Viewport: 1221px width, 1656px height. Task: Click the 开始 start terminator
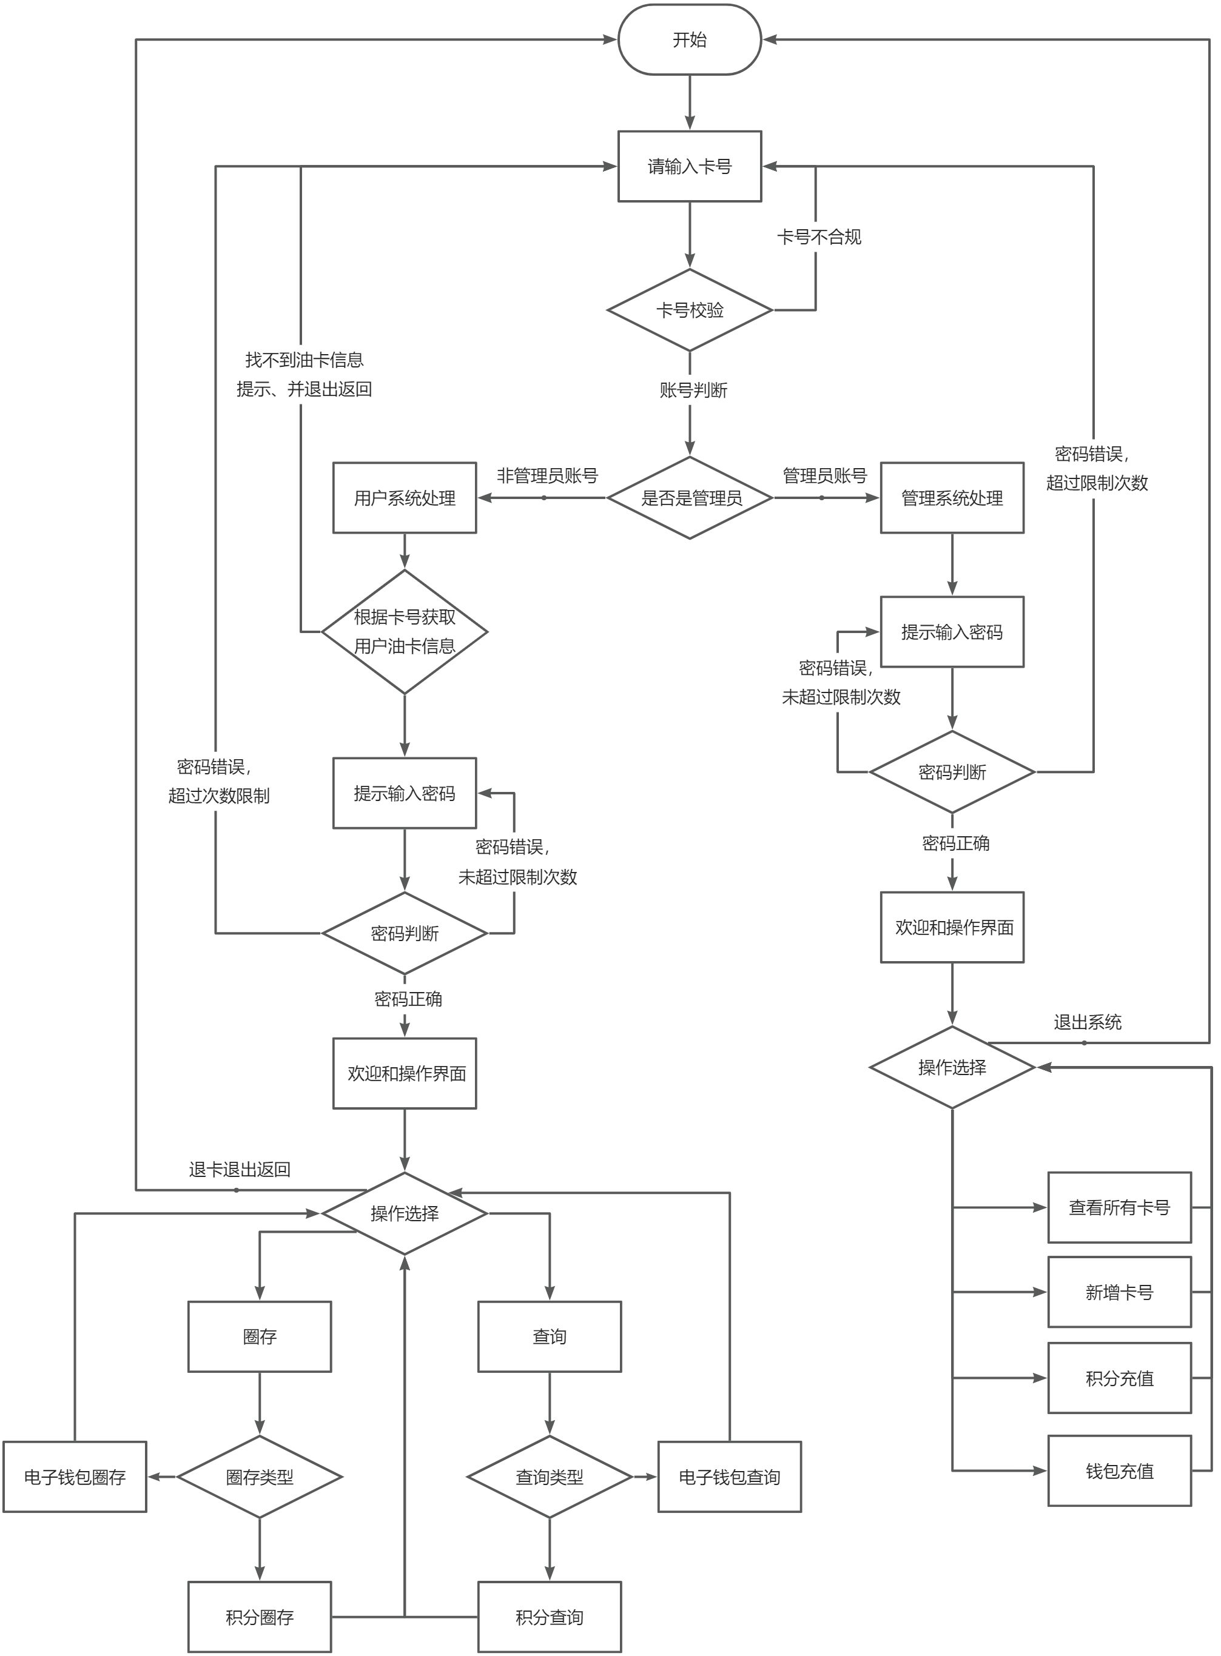[x=689, y=40]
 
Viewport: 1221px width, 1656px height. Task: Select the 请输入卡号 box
[x=689, y=166]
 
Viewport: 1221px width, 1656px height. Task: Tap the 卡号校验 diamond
[x=689, y=310]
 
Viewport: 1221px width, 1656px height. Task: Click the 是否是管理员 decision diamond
[x=689, y=498]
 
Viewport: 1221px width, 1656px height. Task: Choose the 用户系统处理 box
[x=405, y=498]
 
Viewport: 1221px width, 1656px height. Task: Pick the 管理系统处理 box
[x=951, y=498]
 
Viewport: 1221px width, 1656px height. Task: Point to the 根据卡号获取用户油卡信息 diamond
[x=405, y=632]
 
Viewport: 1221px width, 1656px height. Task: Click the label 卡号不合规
[x=818, y=237]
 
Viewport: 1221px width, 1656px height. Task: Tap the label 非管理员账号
[x=547, y=476]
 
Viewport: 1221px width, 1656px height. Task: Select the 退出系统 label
[x=1087, y=1023]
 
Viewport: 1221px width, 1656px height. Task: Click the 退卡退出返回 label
[x=240, y=1170]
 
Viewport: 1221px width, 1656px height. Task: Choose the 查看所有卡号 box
[x=1119, y=1207]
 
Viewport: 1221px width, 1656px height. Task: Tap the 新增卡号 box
[x=1119, y=1292]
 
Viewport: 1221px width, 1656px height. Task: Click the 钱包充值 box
[x=1119, y=1471]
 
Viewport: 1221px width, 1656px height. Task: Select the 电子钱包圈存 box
[x=75, y=1477]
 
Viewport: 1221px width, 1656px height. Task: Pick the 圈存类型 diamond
[x=260, y=1477]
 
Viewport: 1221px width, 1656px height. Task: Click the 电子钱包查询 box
[x=730, y=1477]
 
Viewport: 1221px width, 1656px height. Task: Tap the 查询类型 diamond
[x=549, y=1477]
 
